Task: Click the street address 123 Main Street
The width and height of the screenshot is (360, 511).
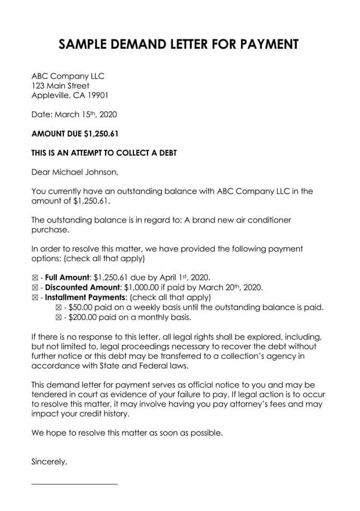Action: [x=60, y=86]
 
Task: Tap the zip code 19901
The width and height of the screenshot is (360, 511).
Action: [x=97, y=96]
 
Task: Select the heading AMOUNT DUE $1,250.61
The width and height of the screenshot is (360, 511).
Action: [x=75, y=134]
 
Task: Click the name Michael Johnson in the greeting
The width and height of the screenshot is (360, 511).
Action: [x=85, y=171]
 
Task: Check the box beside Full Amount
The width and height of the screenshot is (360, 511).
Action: [x=34, y=278]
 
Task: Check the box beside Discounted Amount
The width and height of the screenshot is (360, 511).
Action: [x=34, y=287]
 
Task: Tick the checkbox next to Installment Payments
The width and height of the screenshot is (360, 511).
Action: [x=34, y=297]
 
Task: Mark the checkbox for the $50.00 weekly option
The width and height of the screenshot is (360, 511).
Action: [x=58, y=308]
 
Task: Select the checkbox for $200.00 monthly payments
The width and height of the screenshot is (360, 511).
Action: [x=58, y=318]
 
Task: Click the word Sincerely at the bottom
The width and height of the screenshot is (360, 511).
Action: [x=49, y=462]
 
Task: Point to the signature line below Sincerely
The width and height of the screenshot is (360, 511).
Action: [x=74, y=484]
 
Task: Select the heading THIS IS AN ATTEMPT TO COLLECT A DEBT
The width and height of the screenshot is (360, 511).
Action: [x=104, y=153]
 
